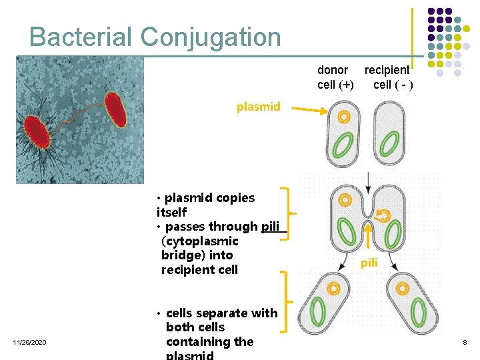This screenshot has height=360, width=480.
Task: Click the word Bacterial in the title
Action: coord(81,37)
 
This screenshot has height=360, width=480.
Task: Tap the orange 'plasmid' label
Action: coord(258,107)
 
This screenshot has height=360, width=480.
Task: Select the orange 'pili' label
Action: coord(369,263)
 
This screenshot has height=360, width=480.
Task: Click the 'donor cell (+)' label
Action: coord(335,77)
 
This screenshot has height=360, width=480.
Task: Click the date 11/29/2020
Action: coord(29,342)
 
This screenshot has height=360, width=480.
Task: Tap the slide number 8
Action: coord(465,342)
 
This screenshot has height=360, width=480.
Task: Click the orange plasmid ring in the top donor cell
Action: coord(344,117)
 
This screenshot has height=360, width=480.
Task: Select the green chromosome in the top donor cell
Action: coord(344,147)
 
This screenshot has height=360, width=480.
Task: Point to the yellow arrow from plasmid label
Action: coord(307,110)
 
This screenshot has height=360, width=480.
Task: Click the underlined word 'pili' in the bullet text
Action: coord(271,227)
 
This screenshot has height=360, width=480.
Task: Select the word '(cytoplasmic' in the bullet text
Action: coord(199,241)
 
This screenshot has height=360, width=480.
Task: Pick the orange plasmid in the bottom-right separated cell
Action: coord(403,288)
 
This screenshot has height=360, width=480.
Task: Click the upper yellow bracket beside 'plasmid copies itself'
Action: coord(287,213)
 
